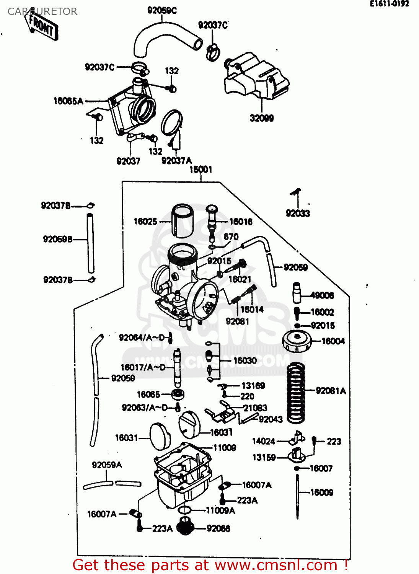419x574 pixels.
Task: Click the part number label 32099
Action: [262, 118]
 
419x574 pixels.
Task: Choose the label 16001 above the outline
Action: [201, 170]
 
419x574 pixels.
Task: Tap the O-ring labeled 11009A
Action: [185, 510]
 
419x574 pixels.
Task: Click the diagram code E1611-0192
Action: [389, 4]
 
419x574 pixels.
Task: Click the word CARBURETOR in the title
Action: [42, 11]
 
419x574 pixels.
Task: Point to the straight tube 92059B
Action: [91, 243]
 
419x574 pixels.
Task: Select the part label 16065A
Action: [68, 101]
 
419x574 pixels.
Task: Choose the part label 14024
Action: [263, 442]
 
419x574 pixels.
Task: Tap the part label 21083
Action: [255, 408]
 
